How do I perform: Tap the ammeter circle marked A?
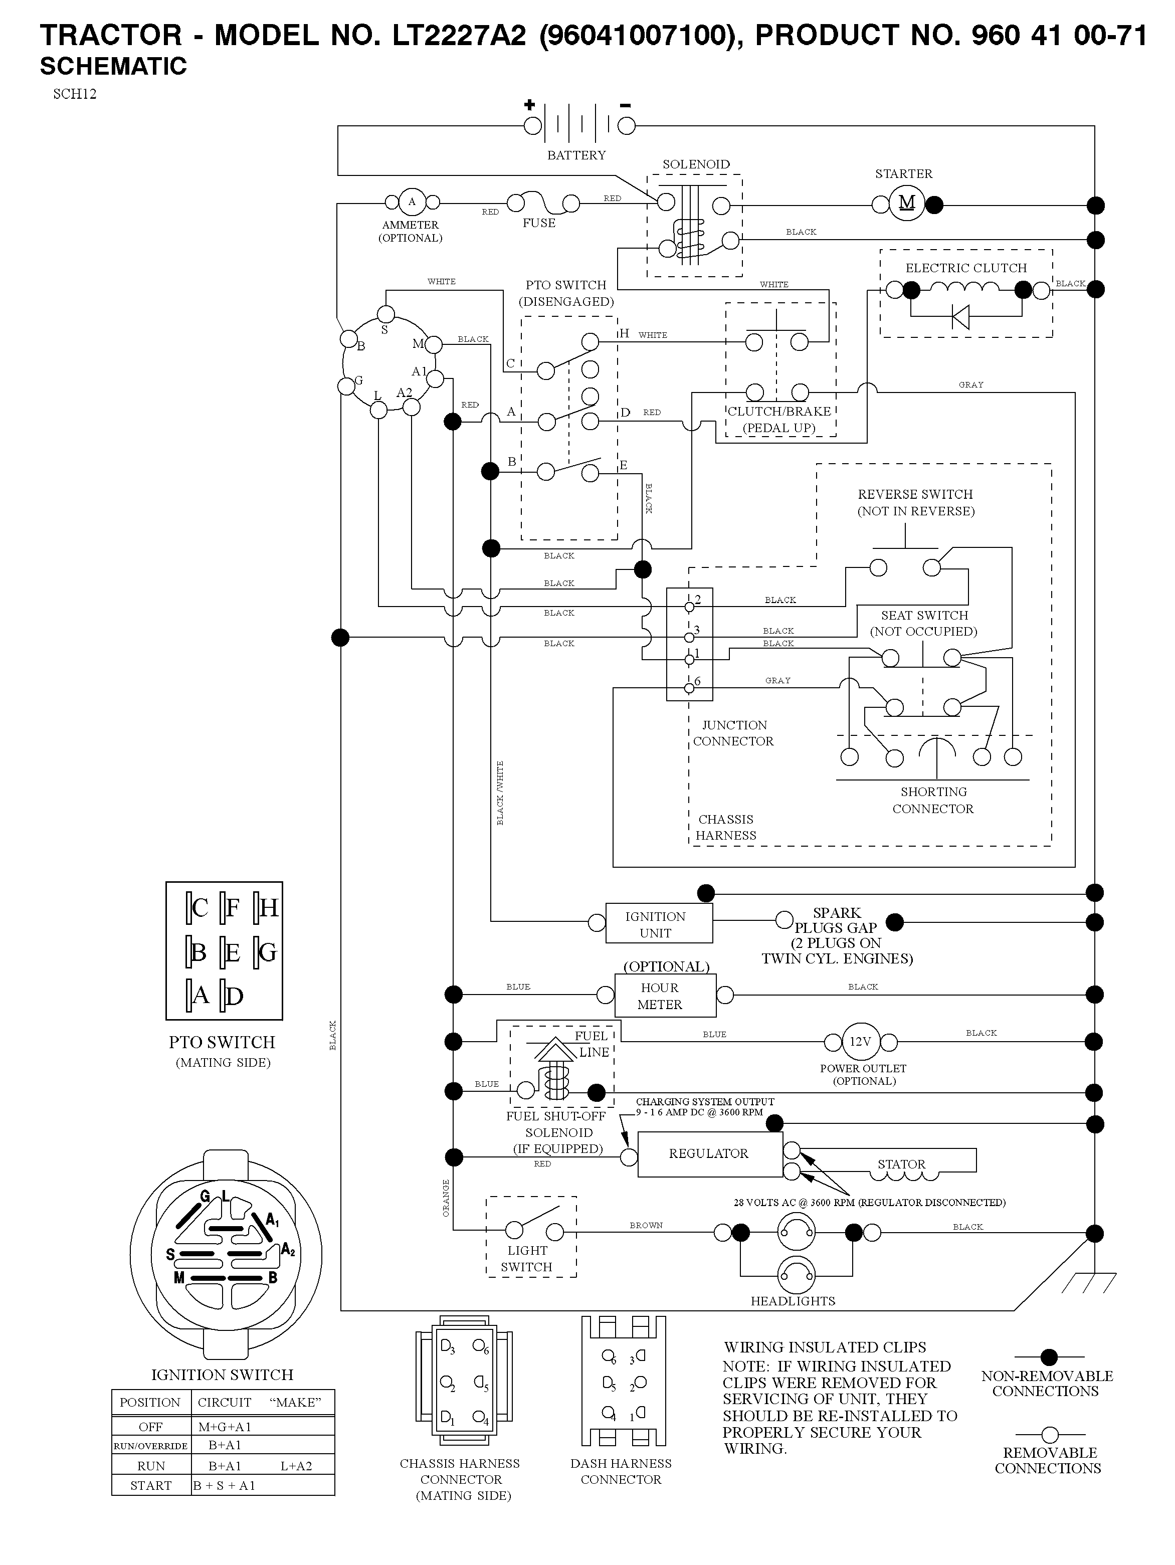click(x=412, y=203)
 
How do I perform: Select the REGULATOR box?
click(x=709, y=1154)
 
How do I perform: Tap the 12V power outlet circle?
click(x=860, y=1042)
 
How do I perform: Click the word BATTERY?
click(x=576, y=155)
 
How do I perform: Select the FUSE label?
click(x=539, y=223)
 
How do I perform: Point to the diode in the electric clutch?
click(x=960, y=316)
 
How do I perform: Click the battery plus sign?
click(x=529, y=105)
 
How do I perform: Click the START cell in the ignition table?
click(x=151, y=1486)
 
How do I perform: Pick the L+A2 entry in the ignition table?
click(x=296, y=1466)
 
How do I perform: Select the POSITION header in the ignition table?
click(x=150, y=1402)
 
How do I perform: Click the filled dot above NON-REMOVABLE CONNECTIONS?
click(x=1049, y=1357)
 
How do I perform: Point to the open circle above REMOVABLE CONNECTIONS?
click(x=1050, y=1435)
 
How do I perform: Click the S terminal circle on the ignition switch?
click(x=385, y=313)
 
